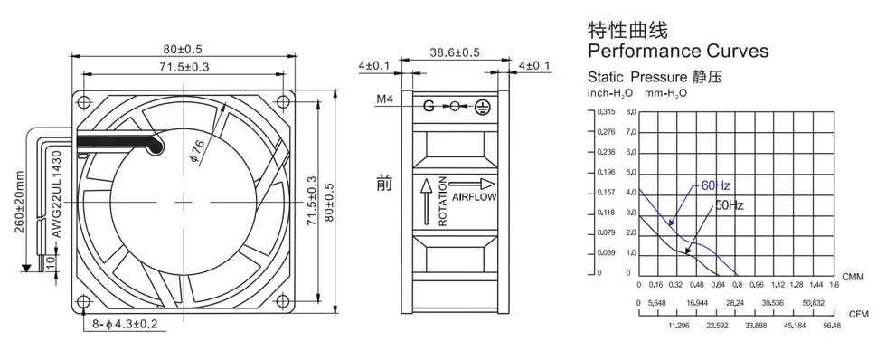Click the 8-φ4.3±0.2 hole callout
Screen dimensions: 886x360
point(125,324)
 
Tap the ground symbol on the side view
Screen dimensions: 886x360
point(481,106)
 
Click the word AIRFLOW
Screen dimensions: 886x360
point(474,197)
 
